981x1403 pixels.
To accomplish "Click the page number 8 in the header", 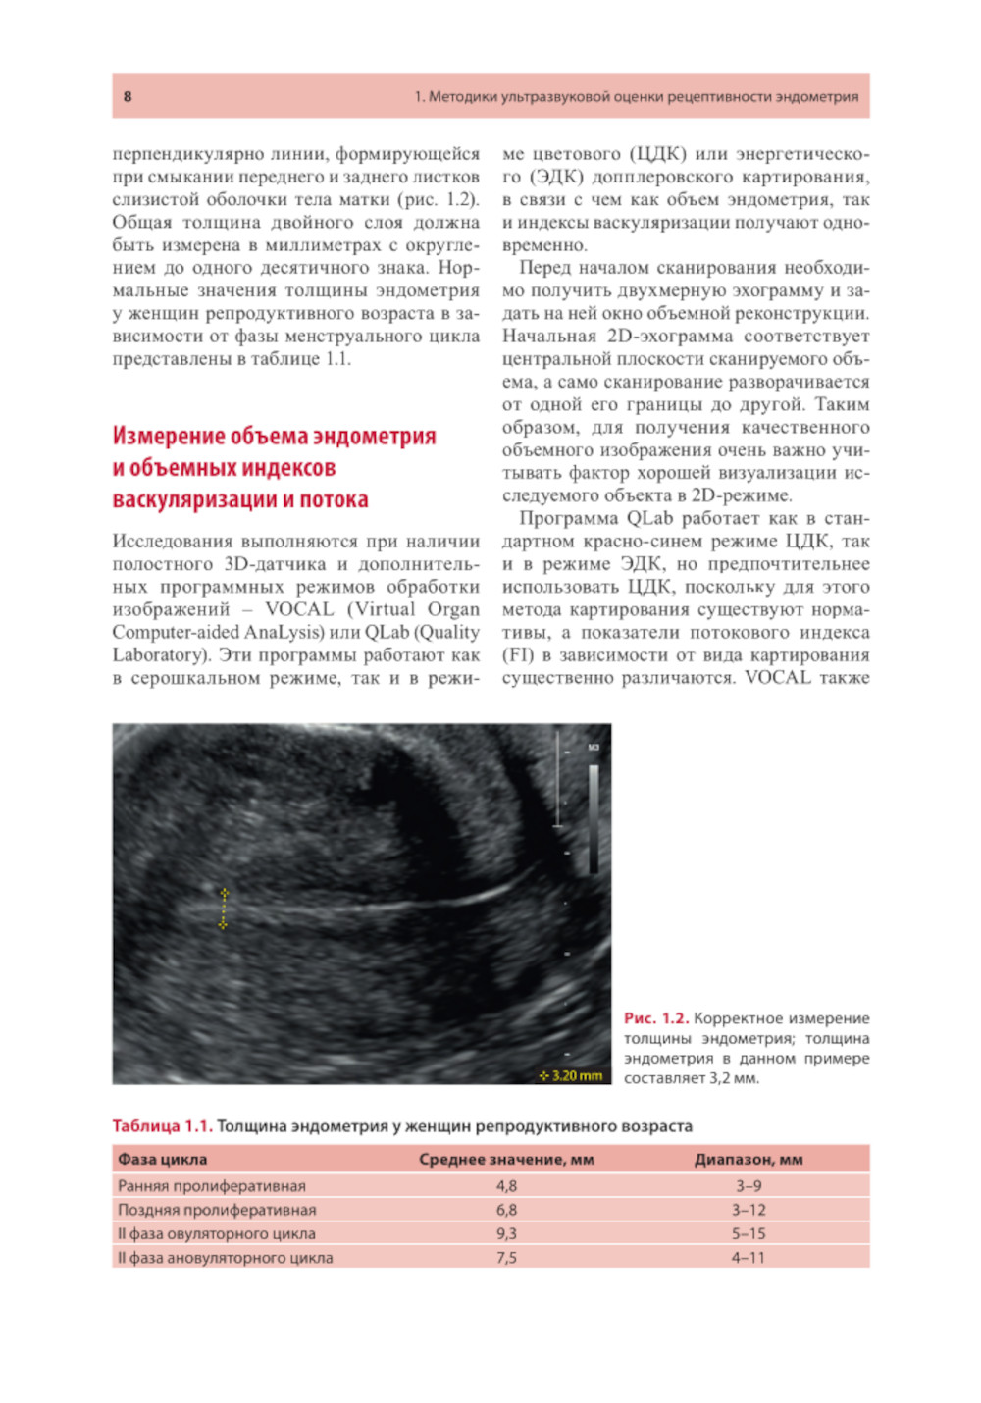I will coord(128,96).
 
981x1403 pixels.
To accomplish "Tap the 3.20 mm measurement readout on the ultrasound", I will coord(572,1075).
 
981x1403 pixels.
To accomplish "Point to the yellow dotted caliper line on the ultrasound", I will coord(224,909).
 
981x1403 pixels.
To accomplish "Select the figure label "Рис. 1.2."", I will coord(656,1018).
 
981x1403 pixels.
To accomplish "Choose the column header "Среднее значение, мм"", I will coord(506,1159).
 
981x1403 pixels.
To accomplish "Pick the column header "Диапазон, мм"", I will coord(749,1159).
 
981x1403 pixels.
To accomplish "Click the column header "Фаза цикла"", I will coord(163,1159).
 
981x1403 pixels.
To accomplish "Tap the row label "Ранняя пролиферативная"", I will coord(212,1185).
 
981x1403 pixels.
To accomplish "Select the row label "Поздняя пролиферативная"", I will coord(217,1210).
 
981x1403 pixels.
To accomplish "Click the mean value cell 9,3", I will coord(506,1233).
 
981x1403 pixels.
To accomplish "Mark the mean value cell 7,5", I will coord(506,1257).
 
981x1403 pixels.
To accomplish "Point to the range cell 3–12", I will coord(749,1210).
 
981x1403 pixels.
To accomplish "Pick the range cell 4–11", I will coord(749,1257).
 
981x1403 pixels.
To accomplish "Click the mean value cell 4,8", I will coord(506,1185).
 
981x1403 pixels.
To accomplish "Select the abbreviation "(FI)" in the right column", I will coord(518,655).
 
